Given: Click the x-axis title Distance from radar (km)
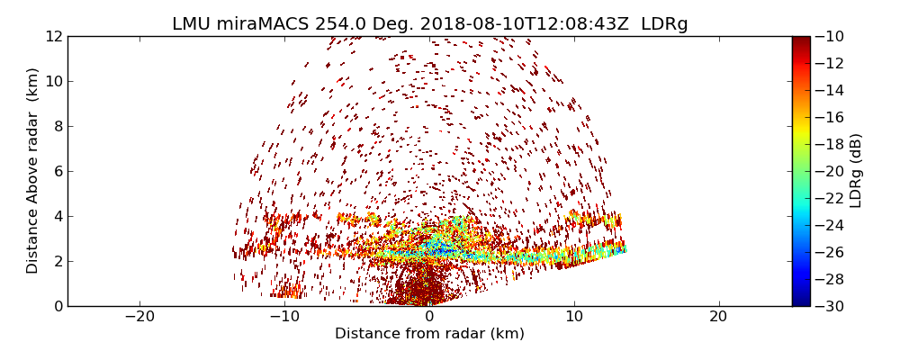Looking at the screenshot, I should coord(429,334).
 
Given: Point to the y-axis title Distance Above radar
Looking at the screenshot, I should coord(33,171).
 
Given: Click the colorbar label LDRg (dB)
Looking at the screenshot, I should coord(856,171).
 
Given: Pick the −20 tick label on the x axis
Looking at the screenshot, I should coord(139,317).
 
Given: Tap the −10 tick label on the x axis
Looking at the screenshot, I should coord(284,317).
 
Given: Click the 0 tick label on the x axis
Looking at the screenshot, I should coord(429,317).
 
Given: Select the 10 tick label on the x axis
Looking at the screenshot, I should coord(574,317).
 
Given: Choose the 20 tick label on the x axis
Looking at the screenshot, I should coord(718,317).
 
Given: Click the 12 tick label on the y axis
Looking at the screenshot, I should coord(54,36).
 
